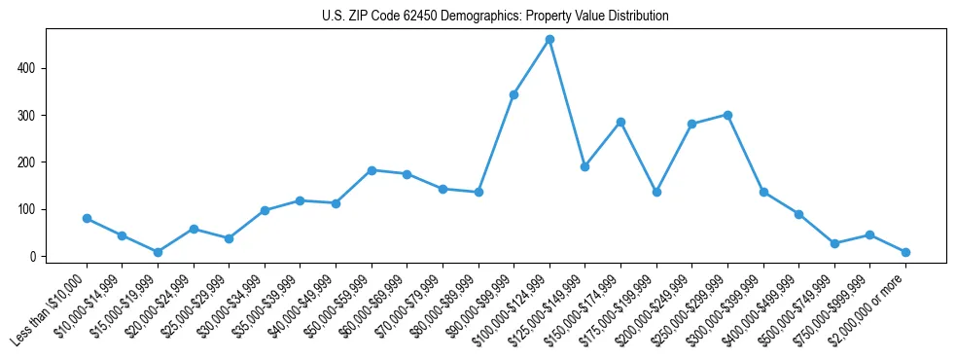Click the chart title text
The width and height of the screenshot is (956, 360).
point(495,17)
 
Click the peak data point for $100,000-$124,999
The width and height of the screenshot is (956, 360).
point(549,39)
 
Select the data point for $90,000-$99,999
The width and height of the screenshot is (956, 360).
point(513,94)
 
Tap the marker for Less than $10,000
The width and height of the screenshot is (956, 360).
point(87,218)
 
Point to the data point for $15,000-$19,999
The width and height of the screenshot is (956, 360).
point(158,252)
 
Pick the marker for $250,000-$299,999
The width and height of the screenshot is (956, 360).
point(727,115)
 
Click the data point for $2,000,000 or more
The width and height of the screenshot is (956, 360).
point(905,252)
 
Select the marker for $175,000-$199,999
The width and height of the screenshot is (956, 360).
point(656,192)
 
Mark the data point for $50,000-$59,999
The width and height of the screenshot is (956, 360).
point(372,170)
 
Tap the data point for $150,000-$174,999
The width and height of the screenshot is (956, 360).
point(620,122)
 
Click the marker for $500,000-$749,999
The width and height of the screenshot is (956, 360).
point(834,243)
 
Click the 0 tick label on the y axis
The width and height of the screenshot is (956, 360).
point(34,256)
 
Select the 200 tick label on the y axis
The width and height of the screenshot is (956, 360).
point(31,162)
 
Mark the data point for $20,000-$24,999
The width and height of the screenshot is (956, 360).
point(194,229)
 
